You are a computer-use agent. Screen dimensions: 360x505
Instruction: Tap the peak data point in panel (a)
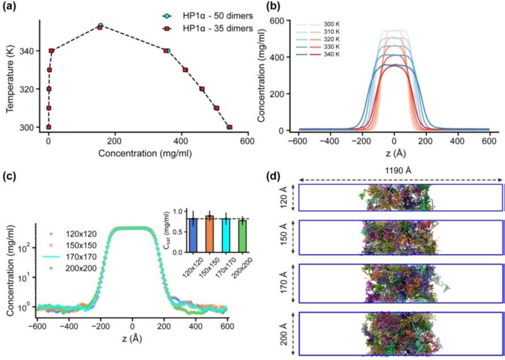pyautogui.click(x=100, y=26)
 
